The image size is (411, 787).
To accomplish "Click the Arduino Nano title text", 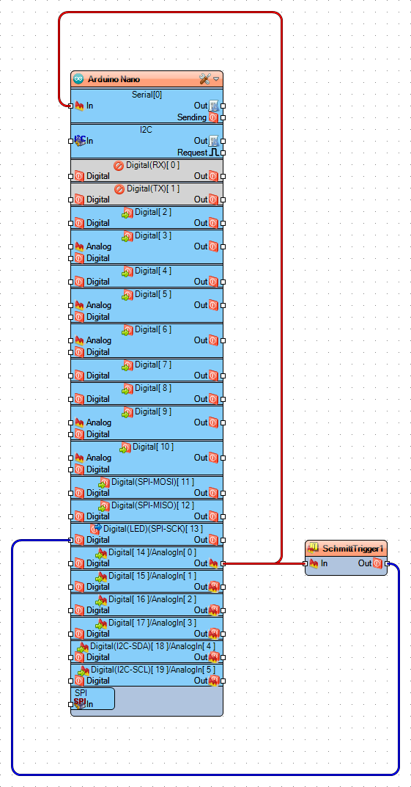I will point(114,78).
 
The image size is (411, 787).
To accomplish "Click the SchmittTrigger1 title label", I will point(352,548).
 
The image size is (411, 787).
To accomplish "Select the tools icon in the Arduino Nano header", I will point(204,78).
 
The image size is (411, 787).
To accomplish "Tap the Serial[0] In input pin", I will point(71,106).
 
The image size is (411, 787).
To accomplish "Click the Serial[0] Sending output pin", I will point(223,117).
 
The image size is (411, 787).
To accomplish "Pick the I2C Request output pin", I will point(223,153).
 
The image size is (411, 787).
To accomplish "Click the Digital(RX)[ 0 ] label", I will point(152,165).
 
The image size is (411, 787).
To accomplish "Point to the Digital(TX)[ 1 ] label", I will point(152,188).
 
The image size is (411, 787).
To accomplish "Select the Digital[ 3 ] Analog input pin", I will point(71,246).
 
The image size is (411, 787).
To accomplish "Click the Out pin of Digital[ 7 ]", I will point(223,376).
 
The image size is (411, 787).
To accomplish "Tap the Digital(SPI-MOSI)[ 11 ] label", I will point(152,482).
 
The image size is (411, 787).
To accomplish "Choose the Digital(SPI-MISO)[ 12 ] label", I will point(152,505).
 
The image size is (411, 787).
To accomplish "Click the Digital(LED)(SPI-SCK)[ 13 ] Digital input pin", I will point(71,540).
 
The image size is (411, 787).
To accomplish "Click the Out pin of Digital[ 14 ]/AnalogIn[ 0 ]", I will point(223,563).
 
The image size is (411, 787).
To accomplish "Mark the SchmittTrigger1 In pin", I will point(306,563).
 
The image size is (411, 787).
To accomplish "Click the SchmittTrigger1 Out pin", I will point(387,563).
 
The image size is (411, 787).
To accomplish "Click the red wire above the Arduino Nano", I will point(169,12).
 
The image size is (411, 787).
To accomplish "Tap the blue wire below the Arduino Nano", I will point(205,774).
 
